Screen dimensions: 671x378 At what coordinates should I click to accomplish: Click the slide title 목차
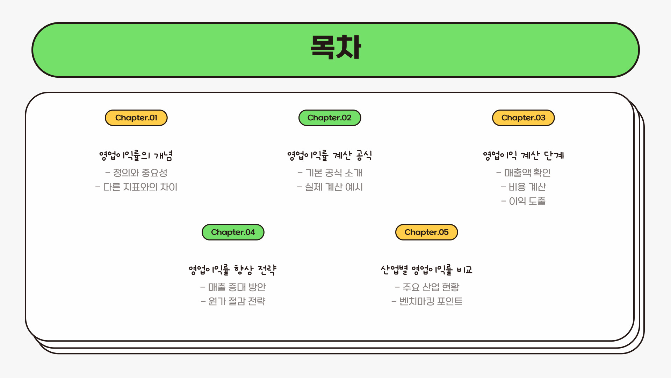coord(335,48)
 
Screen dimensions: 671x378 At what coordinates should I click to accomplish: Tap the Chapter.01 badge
coord(136,118)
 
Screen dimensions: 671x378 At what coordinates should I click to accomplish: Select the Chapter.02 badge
coord(330,118)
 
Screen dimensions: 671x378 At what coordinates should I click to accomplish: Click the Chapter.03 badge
coord(523,118)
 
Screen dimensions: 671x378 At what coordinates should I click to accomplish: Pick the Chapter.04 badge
coord(233,232)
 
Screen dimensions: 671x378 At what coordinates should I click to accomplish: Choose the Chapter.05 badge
coord(426,232)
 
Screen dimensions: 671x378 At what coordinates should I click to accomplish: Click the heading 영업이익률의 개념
coord(136,155)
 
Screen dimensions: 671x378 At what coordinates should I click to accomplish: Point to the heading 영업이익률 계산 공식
coord(330,155)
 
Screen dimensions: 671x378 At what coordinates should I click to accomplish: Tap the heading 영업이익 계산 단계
coord(523,155)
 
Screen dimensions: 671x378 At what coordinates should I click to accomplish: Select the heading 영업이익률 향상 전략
coord(233,270)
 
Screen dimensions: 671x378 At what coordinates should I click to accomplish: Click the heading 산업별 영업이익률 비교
coord(426,270)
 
